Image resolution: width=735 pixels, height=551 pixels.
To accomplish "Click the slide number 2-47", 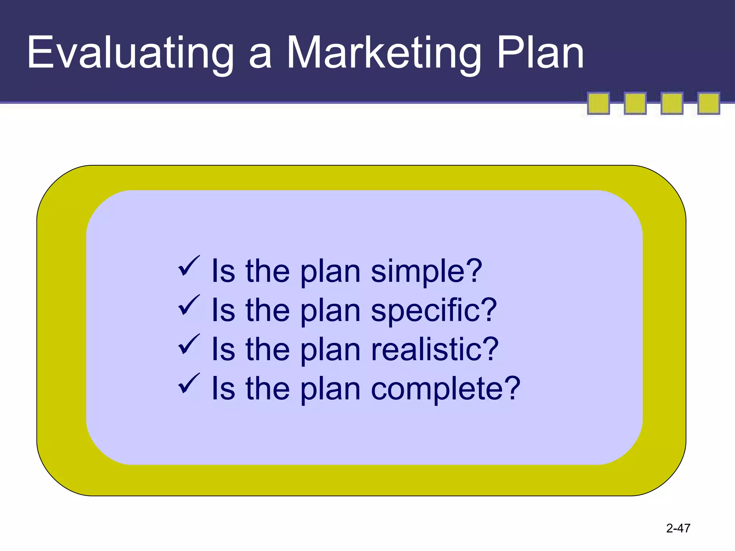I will (x=678, y=528).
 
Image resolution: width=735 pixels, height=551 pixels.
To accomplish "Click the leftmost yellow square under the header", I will (x=598, y=103).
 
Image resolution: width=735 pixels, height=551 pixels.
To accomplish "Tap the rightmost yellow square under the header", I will (x=708, y=103).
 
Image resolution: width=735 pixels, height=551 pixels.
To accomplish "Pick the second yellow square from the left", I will (x=635, y=103).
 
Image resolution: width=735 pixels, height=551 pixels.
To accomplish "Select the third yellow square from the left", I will (x=672, y=103).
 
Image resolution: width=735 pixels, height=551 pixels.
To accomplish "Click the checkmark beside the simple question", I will (x=189, y=266).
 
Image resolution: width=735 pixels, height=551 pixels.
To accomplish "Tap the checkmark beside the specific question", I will (x=189, y=305).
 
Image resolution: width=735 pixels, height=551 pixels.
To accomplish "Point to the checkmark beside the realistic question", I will (x=189, y=344).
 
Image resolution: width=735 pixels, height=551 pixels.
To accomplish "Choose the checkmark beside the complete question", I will (x=189, y=383).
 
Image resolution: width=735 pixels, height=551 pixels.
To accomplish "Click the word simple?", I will (x=426, y=272).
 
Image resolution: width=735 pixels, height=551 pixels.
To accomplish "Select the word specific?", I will (x=434, y=311).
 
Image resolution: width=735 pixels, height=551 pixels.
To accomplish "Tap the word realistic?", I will (x=435, y=350).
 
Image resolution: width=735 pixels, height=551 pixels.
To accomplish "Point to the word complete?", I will (x=445, y=389).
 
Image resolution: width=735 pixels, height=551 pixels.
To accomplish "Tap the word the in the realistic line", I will (x=267, y=350).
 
